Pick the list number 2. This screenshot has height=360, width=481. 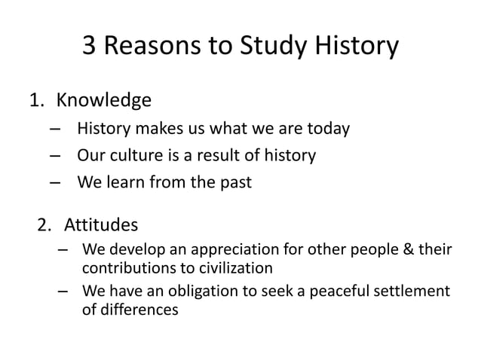coord(44,224)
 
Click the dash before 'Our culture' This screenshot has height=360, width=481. coord(54,157)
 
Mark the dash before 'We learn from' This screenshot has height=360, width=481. coord(54,182)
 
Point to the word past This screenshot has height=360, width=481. coord(234,182)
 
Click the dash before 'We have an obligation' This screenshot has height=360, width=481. coord(63,291)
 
